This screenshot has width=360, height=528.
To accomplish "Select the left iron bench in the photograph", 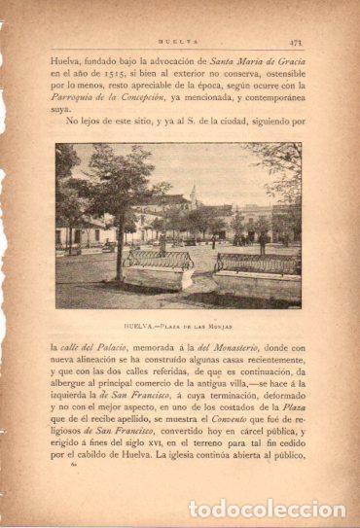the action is click(x=158, y=260).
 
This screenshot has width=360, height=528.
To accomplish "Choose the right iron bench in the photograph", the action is click(x=256, y=264).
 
